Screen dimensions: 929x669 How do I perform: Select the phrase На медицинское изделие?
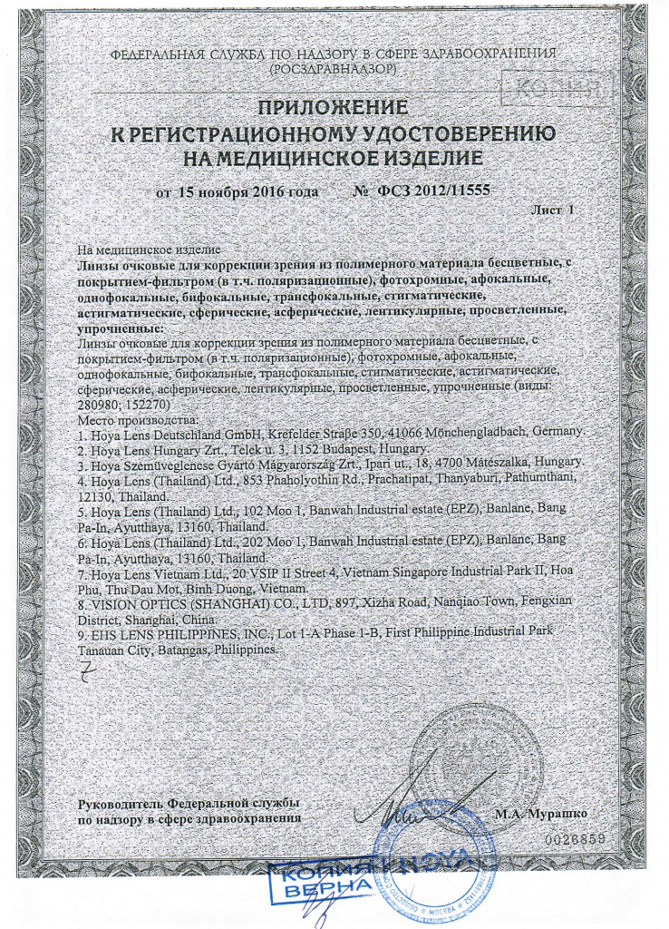148,249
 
